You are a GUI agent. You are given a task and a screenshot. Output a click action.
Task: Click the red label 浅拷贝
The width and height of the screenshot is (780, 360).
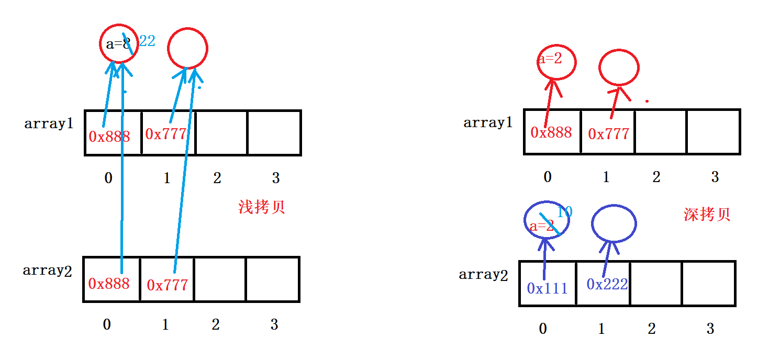click(261, 207)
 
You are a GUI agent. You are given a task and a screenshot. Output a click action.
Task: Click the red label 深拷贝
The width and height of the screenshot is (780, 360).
click(706, 215)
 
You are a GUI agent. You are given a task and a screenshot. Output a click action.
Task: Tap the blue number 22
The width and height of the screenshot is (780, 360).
click(147, 41)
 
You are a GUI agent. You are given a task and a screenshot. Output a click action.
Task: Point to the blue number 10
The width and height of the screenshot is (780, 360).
click(564, 212)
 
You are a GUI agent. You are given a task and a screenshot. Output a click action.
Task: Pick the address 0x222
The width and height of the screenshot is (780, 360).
click(607, 284)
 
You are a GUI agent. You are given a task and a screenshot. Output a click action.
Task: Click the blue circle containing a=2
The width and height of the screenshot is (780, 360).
click(546, 220)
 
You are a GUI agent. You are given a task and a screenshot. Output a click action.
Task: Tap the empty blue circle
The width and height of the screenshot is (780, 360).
click(614, 223)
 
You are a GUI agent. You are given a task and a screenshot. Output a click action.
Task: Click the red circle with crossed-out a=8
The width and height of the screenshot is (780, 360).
click(119, 44)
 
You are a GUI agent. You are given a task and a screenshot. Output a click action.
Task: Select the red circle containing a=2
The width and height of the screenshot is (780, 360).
click(556, 61)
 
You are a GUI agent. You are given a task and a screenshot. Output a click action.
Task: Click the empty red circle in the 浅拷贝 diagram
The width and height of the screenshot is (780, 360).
click(187, 48)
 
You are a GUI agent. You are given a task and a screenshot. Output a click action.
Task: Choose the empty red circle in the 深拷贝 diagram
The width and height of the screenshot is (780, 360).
click(619, 68)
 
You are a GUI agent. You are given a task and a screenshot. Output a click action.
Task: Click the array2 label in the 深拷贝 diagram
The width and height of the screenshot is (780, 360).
click(483, 275)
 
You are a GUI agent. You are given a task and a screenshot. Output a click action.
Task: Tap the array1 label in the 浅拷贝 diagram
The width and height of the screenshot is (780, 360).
click(48, 124)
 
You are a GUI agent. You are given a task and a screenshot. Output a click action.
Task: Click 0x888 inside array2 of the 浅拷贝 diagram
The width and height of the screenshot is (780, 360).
click(108, 284)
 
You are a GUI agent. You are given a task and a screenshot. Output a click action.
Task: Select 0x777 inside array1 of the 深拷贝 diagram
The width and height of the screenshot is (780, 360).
click(608, 134)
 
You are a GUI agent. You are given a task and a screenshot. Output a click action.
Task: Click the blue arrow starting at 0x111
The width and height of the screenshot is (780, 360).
click(545, 259)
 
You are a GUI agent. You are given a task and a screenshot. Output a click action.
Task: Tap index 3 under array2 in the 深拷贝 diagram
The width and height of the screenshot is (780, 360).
click(710, 329)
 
